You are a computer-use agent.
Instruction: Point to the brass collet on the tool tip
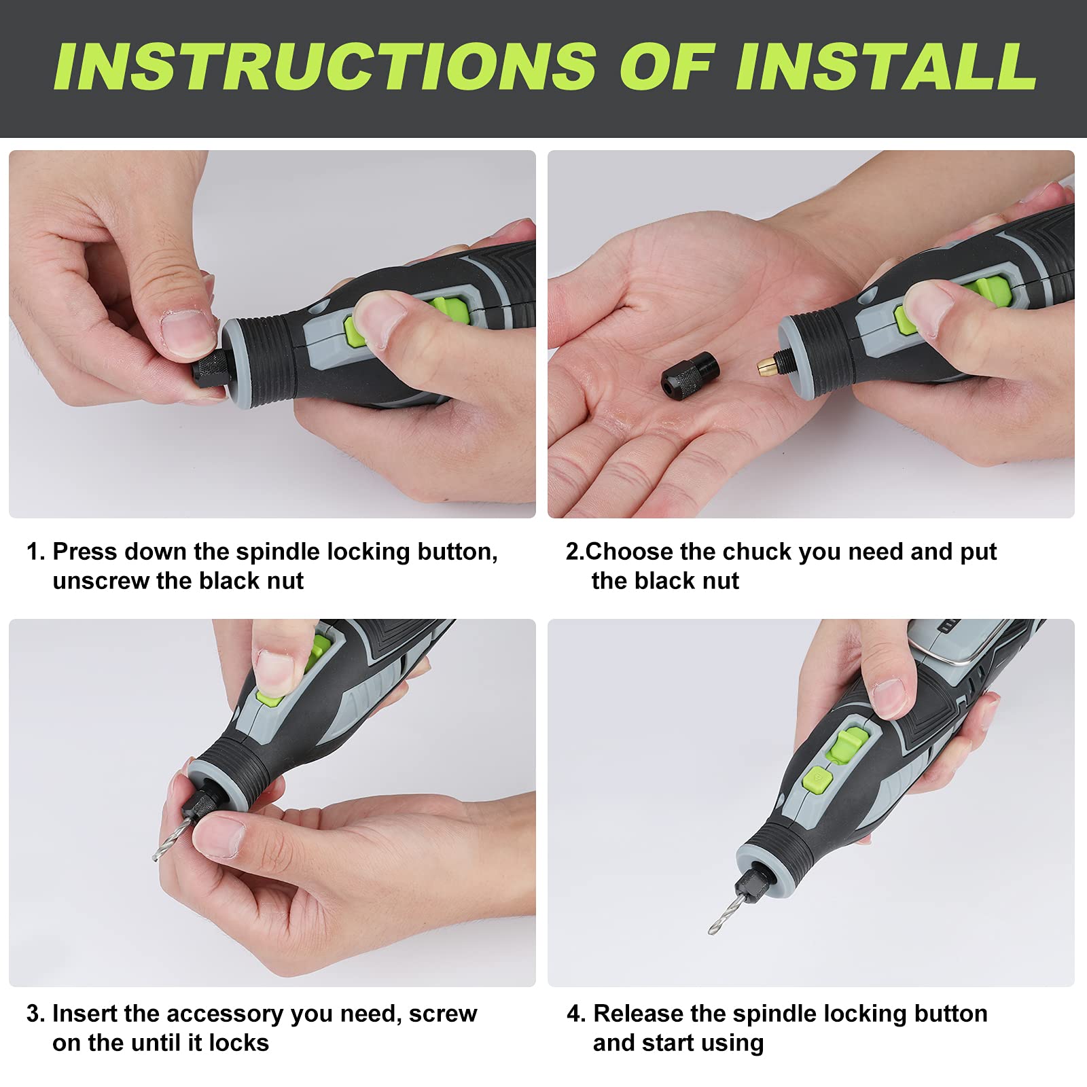766,367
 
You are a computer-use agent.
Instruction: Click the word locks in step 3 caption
238,1043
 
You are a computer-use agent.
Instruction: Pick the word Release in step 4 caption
638,1014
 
